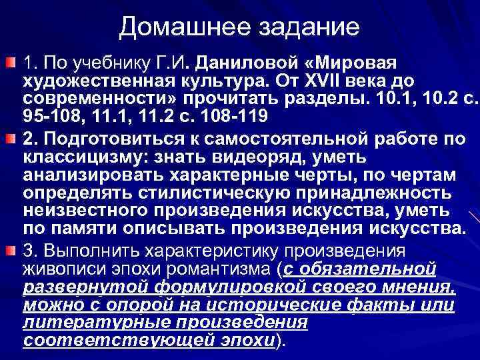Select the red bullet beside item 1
tap(10, 63)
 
